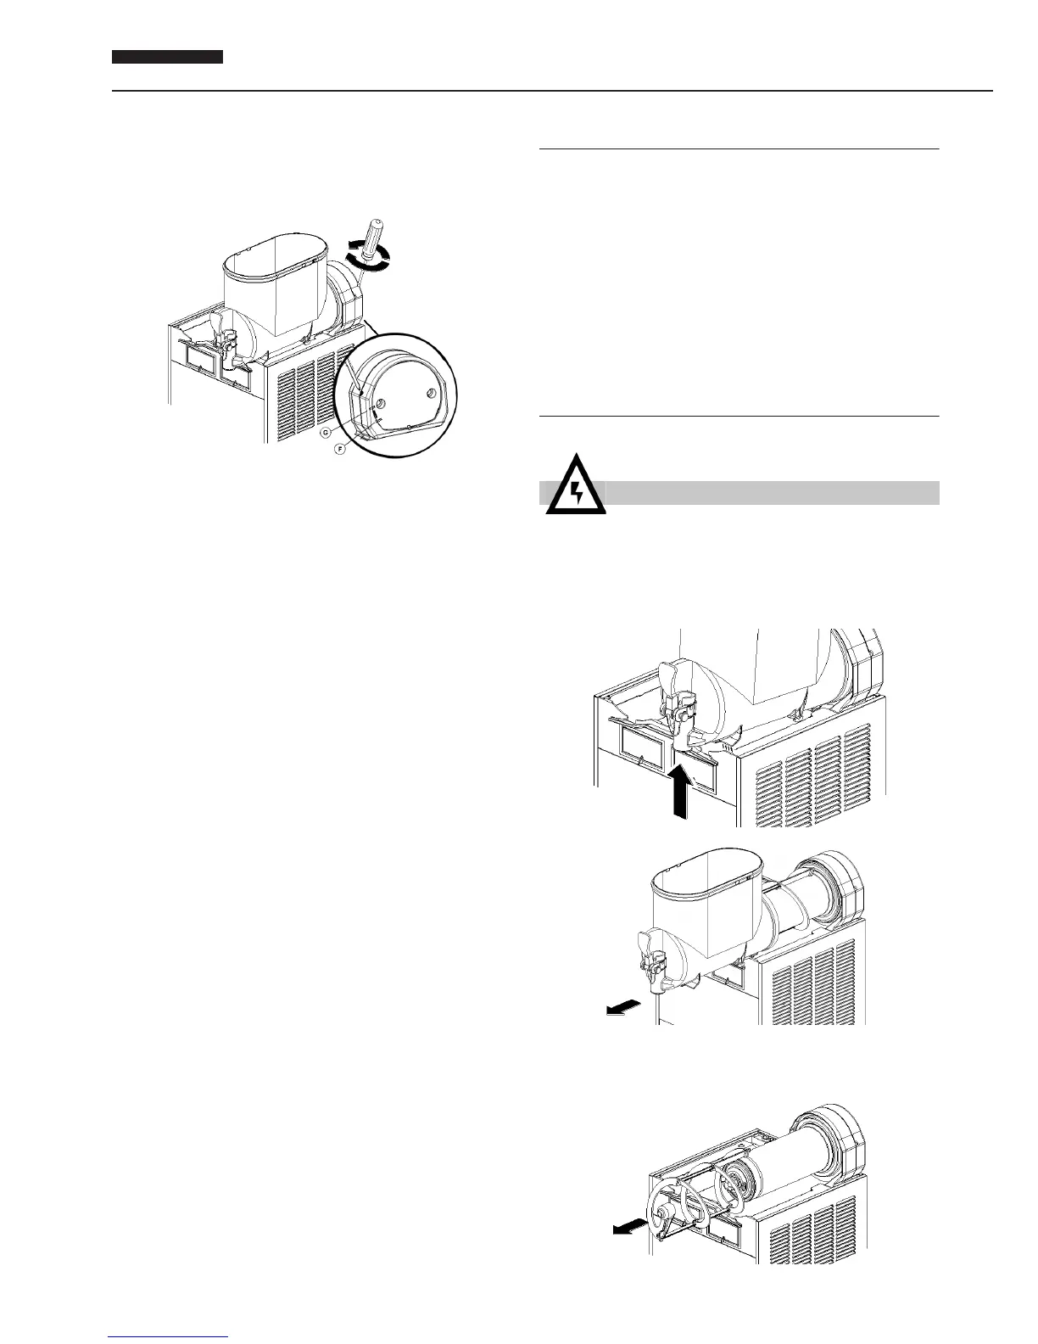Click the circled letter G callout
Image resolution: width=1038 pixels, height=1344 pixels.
point(325,433)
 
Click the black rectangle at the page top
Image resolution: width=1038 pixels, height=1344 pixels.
point(168,57)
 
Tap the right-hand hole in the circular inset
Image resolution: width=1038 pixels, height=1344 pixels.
point(432,393)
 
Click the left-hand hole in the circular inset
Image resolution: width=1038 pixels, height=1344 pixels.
point(381,404)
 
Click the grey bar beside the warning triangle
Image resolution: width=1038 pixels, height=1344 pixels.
point(772,493)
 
